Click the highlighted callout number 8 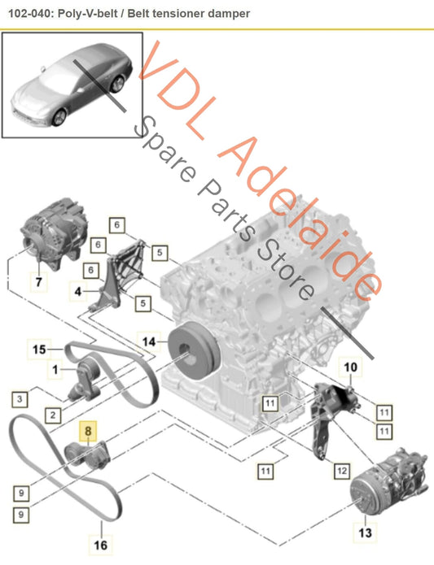(x=89, y=431)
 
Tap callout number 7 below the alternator (x=38, y=281)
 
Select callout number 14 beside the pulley (x=149, y=341)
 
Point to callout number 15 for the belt (x=39, y=349)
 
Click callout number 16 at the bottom (x=101, y=545)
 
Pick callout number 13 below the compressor (x=365, y=532)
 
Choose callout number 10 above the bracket (x=350, y=367)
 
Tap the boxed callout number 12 (x=342, y=471)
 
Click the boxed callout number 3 (x=20, y=399)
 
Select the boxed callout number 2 (x=53, y=415)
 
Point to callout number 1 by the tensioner (x=55, y=370)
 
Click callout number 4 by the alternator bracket (x=78, y=291)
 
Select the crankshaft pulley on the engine (x=194, y=350)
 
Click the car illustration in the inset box (x=72, y=85)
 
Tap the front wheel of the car (x=59, y=117)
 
